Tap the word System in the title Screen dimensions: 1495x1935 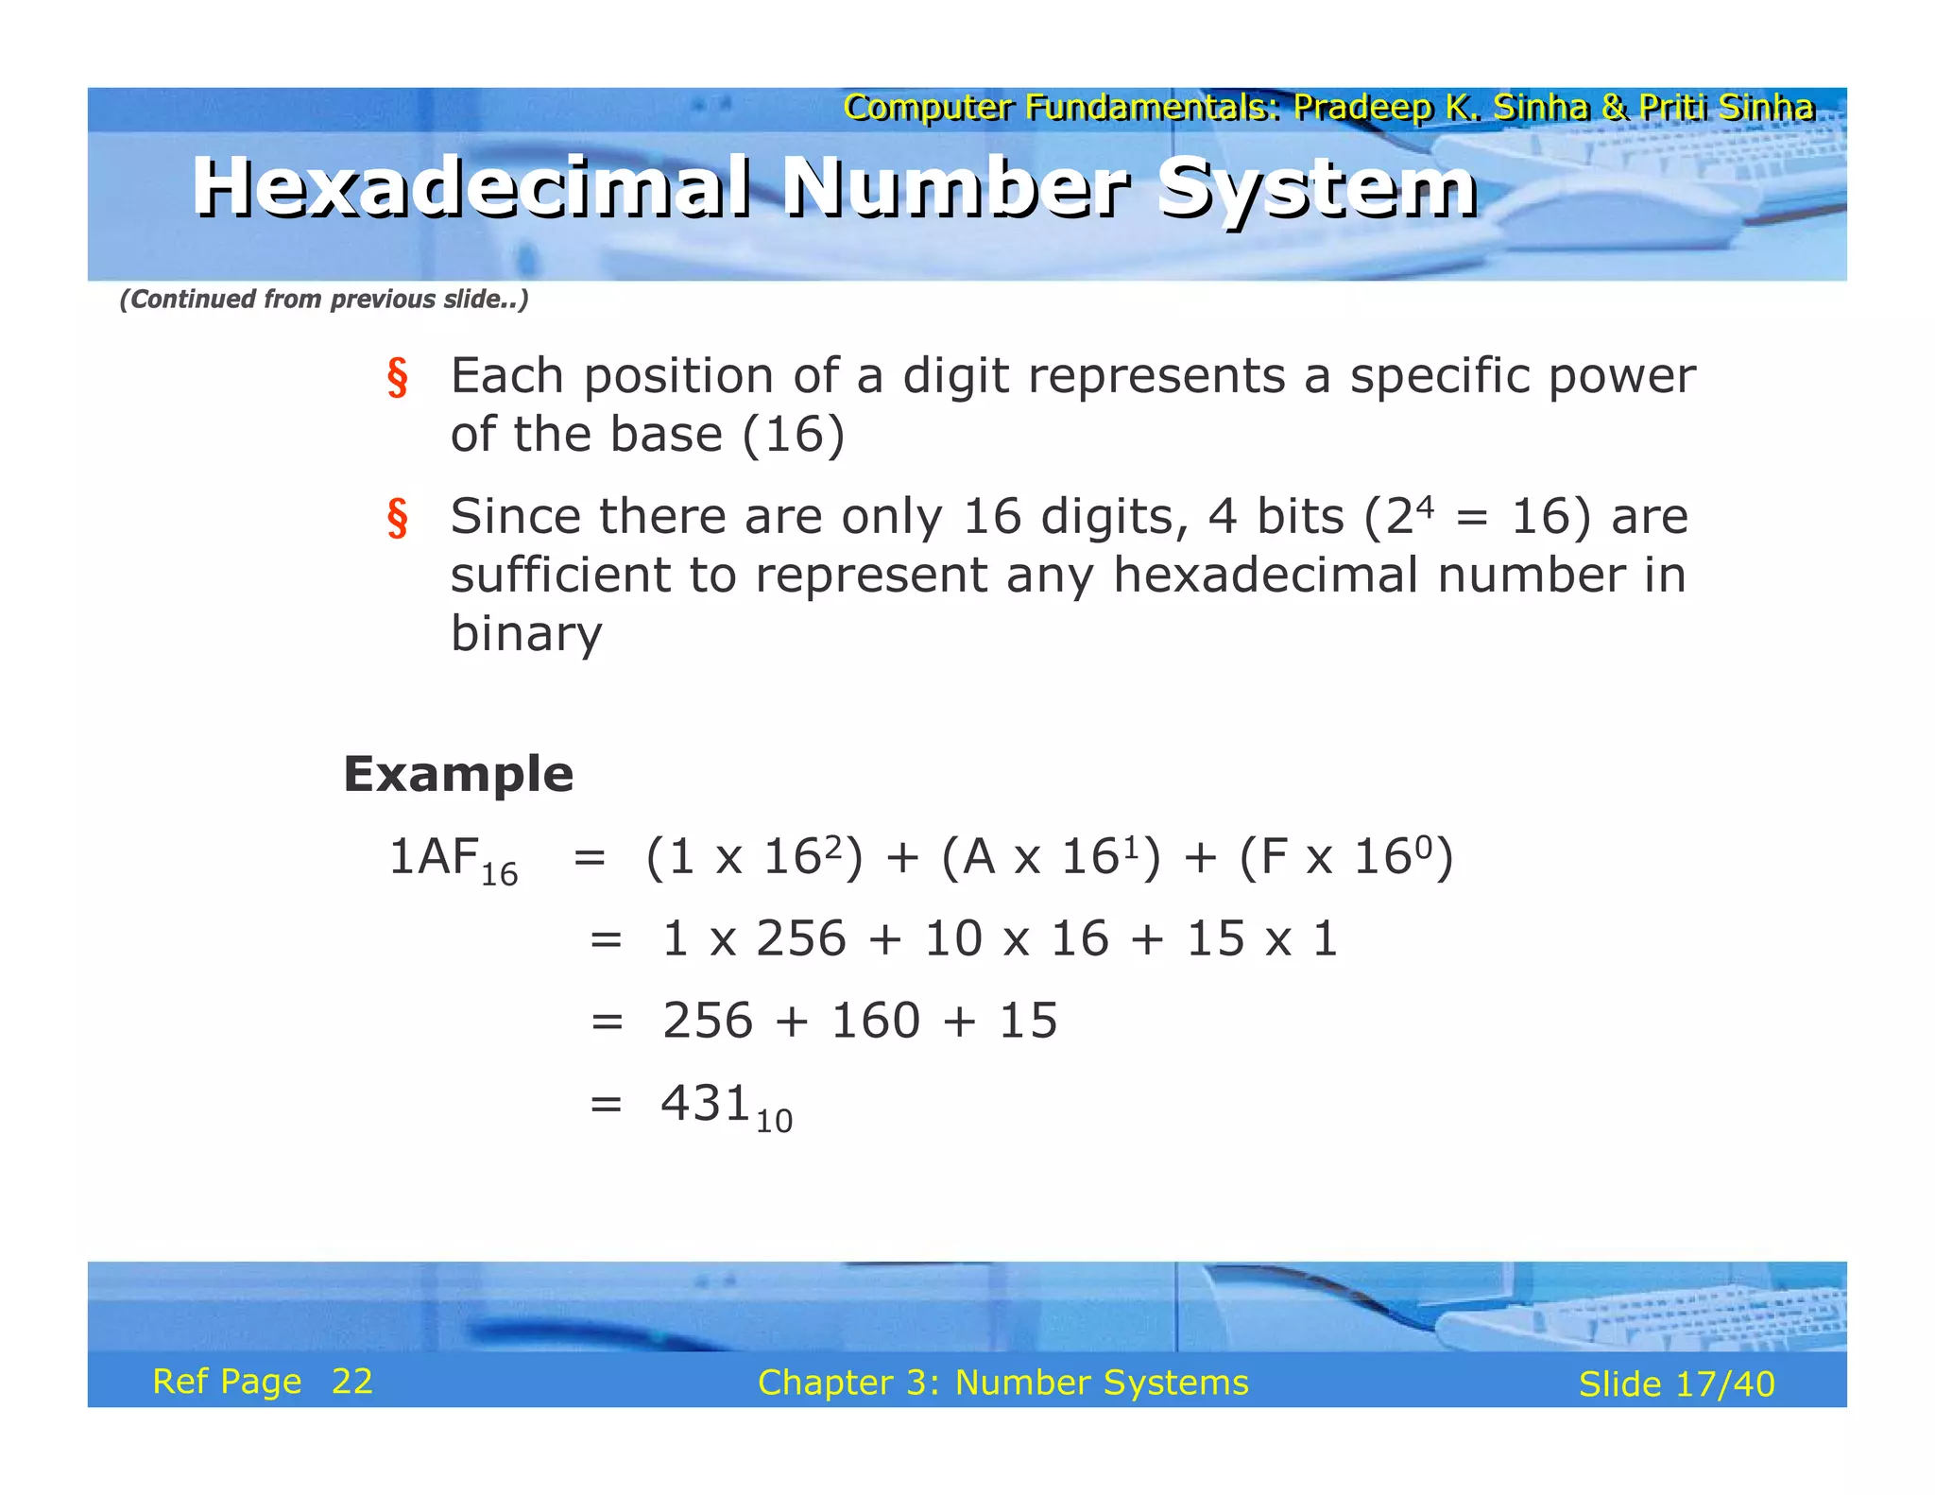tap(1317, 187)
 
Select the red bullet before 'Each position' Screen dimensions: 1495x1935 tap(397, 378)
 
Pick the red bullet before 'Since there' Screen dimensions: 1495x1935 tap(397, 519)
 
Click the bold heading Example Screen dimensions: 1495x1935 tap(458, 774)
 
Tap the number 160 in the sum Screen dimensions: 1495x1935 tap(875, 1021)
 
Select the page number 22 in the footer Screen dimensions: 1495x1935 tap(351, 1382)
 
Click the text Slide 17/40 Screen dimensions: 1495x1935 tap(1676, 1383)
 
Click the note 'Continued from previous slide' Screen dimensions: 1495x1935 tap(323, 299)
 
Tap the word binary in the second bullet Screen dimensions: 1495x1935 tap(525, 633)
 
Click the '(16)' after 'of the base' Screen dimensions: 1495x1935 tap(793, 435)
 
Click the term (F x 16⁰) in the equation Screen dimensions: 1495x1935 tap(1345, 857)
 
